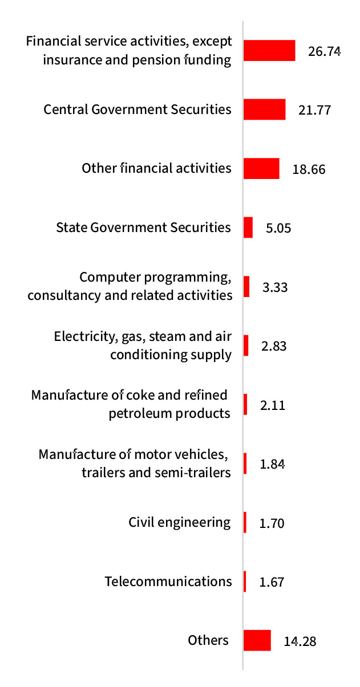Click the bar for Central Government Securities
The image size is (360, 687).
coord(264,109)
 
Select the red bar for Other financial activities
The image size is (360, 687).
coord(261,169)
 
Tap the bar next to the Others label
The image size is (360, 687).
coord(257,640)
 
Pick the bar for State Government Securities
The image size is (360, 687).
coord(248,227)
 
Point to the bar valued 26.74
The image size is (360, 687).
coord(269,50)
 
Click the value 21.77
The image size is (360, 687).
coord(314,110)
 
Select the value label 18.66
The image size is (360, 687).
coord(309,169)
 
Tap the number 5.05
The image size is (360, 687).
coord(278,229)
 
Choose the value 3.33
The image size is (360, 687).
coord(274,287)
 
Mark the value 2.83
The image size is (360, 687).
coord(274,347)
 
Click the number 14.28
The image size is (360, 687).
coord(300,641)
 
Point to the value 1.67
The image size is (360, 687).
coord(272,583)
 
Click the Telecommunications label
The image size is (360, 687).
coord(168,582)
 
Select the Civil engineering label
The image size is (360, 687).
coord(180,522)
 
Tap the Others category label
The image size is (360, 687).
coord(208,640)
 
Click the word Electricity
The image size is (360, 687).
coord(80,336)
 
